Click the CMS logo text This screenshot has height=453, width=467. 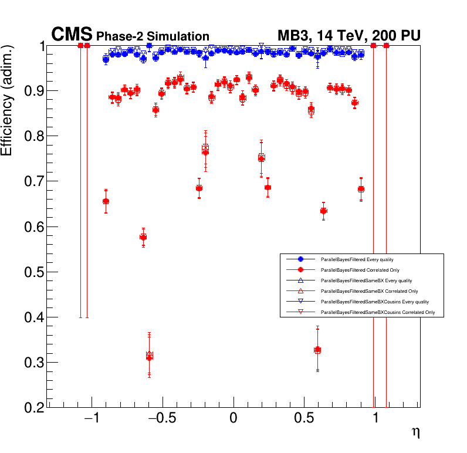pos(72,35)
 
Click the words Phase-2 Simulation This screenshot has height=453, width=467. pos(153,37)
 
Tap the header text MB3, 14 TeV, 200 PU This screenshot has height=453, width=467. pos(348,36)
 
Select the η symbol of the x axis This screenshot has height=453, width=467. pos(415,433)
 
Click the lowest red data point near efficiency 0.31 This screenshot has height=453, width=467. pos(149,356)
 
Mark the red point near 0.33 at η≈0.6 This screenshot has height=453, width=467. pos(317,350)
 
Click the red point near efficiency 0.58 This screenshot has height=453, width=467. pos(143,236)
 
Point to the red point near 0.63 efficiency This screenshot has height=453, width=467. pos(323,211)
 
